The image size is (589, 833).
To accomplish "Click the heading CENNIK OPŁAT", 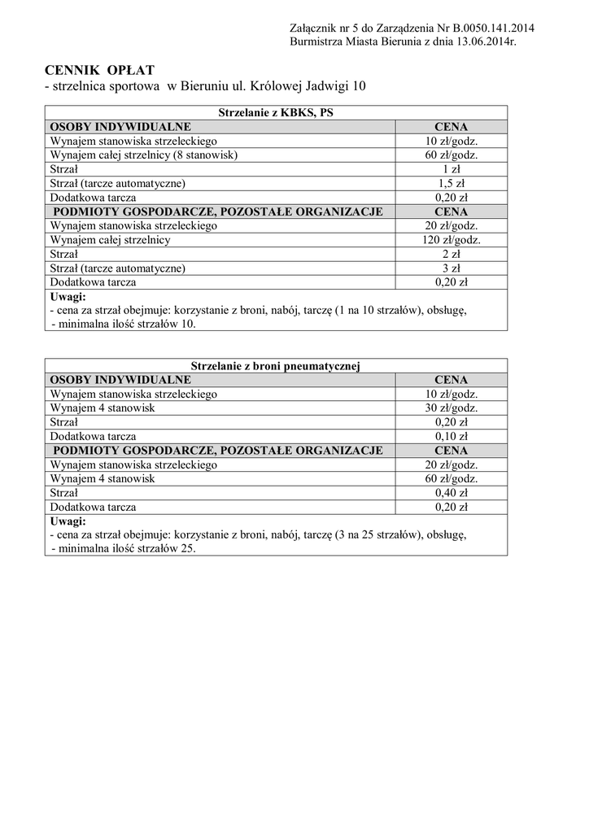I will pyautogui.click(x=99, y=70).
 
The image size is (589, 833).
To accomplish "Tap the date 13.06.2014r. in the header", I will pyautogui.click(x=479, y=41).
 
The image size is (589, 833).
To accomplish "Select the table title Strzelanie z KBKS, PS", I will pyautogui.click(x=276, y=113).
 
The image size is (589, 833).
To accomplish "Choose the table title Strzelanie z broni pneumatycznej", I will pyautogui.click(x=276, y=366).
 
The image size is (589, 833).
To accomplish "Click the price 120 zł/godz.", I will pyautogui.click(x=451, y=240).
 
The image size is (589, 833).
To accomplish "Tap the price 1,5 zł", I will pyautogui.click(x=451, y=183).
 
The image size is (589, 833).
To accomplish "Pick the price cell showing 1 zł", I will pyautogui.click(x=451, y=169).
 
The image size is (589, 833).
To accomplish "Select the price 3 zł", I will pyautogui.click(x=451, y=268).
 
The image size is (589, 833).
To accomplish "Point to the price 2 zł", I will pyautogui.click(x=451, y=254).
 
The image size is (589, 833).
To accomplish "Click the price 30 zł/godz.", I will pyautogui.click(x=451, y=408).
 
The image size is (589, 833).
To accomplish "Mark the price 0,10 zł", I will pyautogui.click(x=451, y=436).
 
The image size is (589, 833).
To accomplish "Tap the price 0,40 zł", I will pyautogui.click(x=451, y=493).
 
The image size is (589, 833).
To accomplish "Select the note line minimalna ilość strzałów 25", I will pyautogui.click(x=127, y=548).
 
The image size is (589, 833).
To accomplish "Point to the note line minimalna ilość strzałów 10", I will pyautogui.click(x=127, y=324).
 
